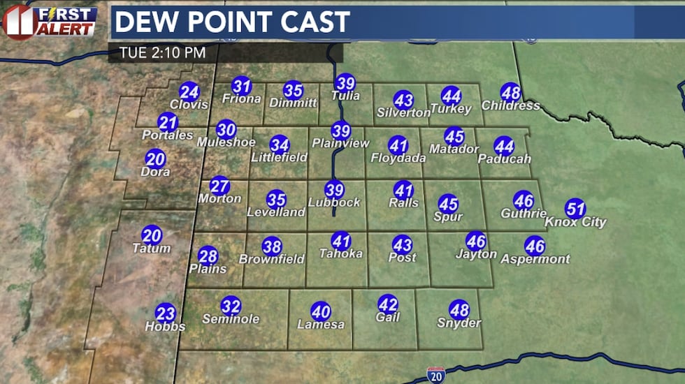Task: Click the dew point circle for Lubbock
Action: [335, 189]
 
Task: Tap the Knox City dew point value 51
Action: [575, 208]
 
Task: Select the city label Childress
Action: [511, 105]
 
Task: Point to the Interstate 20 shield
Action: [434, 375]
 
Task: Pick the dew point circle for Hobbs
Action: [166, 313]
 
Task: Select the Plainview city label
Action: [340, 143]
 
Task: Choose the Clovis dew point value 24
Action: [189, 91]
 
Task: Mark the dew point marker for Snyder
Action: [459, 309]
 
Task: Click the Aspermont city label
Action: [535, 259]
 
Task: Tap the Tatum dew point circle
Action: [152, 235]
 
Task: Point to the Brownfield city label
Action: [272, 259]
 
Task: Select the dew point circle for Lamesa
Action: [321, 311]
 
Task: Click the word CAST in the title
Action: [311, 22]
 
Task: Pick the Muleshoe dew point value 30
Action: [226, 129]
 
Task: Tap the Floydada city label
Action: [398, 158]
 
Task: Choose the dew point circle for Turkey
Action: [452, 96]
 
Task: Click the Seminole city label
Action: [231, 319]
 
